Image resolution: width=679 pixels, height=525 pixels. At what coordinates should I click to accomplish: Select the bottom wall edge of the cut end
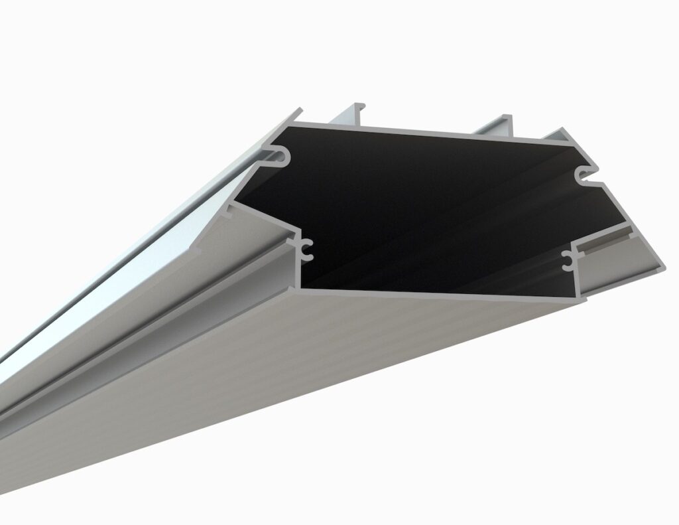tap(444, 294)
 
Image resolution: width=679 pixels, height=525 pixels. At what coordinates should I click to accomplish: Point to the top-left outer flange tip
tap(298, 112)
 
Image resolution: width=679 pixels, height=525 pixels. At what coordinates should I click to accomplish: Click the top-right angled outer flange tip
tap(564, 133)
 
